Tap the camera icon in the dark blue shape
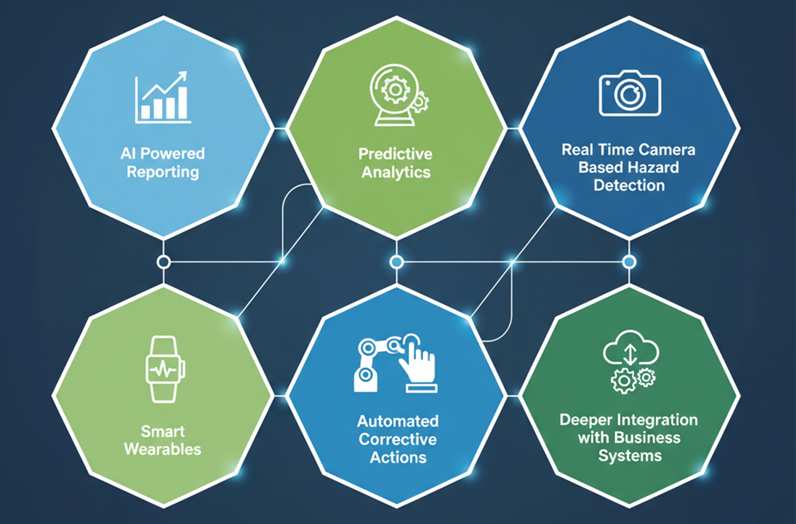pyautogui.click(x=629, y=93)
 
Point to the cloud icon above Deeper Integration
pyautogui.click(x=630, y=352)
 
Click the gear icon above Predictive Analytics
pyautogui.click(x=395, y=91)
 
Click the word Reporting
pyautogui.click(x=163, y=172)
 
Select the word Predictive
pyautogui.click(x=395, y=153)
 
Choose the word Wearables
pyautogui.click(x=162, y=449)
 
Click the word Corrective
pyautogui.click(x=398, y=439)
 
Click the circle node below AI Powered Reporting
pyautogui.click(x=164, y=262)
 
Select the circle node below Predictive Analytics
pyautogui.click(x=395, y=261)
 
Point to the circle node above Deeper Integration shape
pyautogui.click(x=629, y=261)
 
